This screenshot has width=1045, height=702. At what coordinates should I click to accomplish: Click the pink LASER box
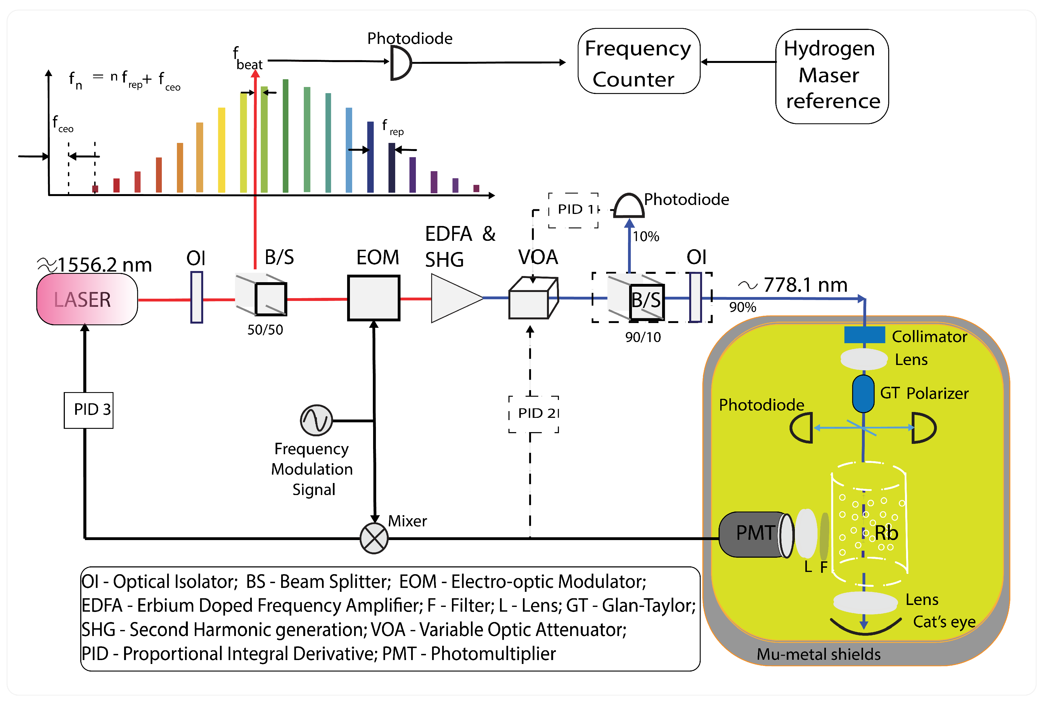tap(87, 299)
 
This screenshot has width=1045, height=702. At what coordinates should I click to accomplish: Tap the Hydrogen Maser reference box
tap(832, 76)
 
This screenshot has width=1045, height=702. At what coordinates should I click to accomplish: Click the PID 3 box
tap(89, 410)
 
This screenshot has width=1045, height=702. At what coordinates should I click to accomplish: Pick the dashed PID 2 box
tap(534, 414)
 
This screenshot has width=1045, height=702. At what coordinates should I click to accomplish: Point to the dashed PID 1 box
tap(574, 210)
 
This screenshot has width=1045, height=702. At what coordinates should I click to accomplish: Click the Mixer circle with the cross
tap(374, 538)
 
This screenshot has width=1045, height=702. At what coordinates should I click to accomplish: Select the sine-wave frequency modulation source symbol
tap(316, 420)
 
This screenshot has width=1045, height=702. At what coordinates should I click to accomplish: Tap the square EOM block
tap(374, 298)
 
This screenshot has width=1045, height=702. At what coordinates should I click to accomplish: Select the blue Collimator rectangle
tap(864, 335)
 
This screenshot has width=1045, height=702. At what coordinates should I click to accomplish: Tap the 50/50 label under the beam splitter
tap(265, 330)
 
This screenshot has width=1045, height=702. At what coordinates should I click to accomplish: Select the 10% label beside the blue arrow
tap(646, 236)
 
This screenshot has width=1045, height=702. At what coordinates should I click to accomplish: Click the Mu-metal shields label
tap(818, 654)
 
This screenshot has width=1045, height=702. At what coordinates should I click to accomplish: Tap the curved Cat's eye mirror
tap(865, 627)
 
